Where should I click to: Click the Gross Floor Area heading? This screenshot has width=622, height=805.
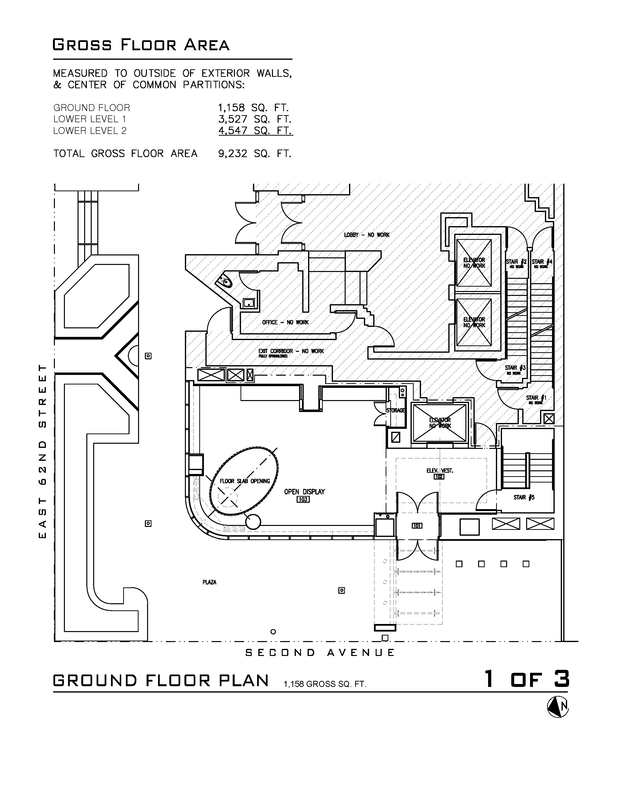click(x=141, y=45)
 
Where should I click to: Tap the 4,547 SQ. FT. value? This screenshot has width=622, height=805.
click(x=255, y=131)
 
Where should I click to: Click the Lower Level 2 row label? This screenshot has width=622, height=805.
click(x=90, y=131)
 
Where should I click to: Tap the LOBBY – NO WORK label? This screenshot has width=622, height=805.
click(x=367, y=235)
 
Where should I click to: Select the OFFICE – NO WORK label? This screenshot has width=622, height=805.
click(x=285, y=322)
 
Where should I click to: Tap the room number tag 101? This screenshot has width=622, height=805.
click(x=417, y=526)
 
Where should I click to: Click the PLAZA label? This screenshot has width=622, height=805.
click(x=209, y=582)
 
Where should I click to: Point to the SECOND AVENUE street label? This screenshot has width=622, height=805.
click(x=320, y=653)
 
